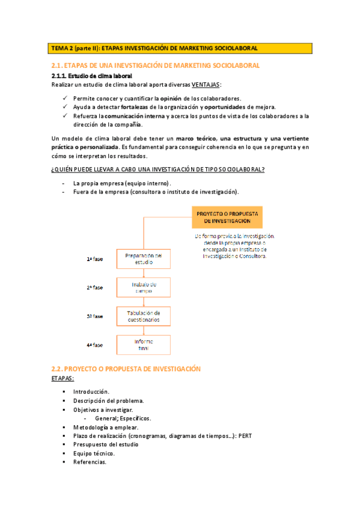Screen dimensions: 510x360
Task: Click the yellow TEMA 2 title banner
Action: point(180,48)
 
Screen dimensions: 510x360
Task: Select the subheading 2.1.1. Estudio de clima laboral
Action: point(92,76)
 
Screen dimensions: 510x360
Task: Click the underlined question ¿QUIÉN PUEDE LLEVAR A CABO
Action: point(158,170)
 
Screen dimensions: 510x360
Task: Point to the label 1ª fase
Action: point(95,259)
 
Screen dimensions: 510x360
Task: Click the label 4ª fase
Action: point(95,345)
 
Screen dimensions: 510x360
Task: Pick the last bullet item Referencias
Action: point(90,462)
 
